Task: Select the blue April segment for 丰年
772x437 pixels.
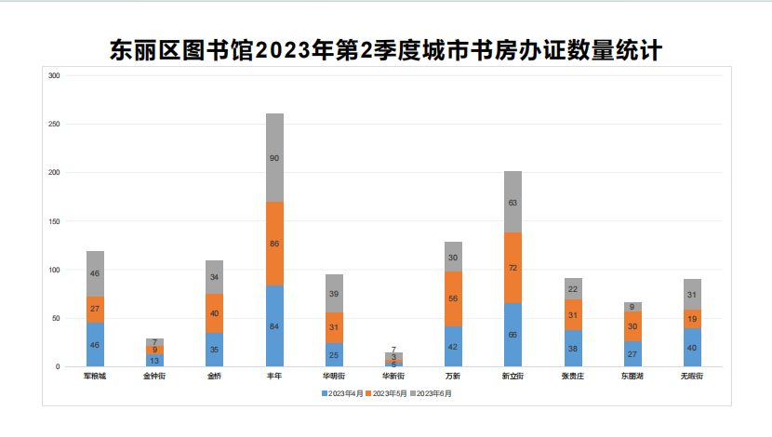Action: (274, 325)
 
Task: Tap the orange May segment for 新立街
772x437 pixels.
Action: (512, 268)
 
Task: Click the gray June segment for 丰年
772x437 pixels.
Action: (274, 158)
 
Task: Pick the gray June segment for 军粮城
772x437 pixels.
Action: (95, 274)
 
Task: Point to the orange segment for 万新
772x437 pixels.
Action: (453, 298)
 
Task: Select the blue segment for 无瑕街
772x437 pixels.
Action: (692, 347)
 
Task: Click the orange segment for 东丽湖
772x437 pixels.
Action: (632, 326)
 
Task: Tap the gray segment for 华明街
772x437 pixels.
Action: (334, 293)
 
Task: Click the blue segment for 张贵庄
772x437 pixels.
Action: (573, 348)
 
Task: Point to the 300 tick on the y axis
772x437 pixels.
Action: (53, 75)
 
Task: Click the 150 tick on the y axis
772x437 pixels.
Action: (53, 221)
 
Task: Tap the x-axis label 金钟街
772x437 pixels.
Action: (154, 377)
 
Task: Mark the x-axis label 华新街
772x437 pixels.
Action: (393, 377)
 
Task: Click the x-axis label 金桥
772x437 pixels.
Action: (214, 377)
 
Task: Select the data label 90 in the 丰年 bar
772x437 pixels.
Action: (274, 158)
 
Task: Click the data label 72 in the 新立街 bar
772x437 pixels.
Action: (512, 268)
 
